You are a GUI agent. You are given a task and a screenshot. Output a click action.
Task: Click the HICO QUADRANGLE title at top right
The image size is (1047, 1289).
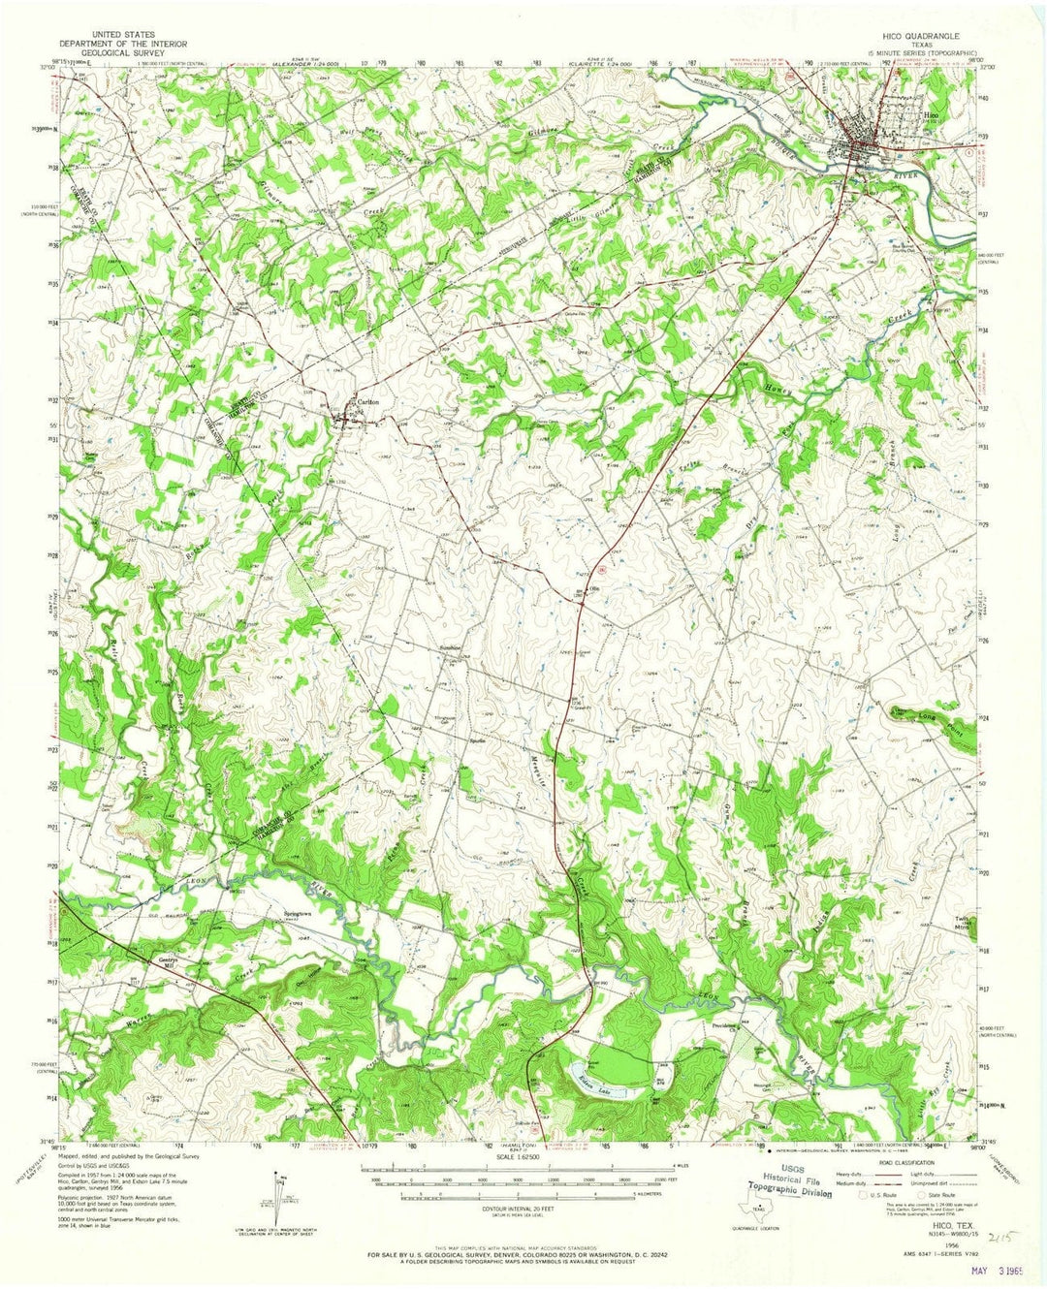point(919,35)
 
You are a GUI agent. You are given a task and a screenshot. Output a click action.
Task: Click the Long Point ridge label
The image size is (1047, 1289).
point(934,714)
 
